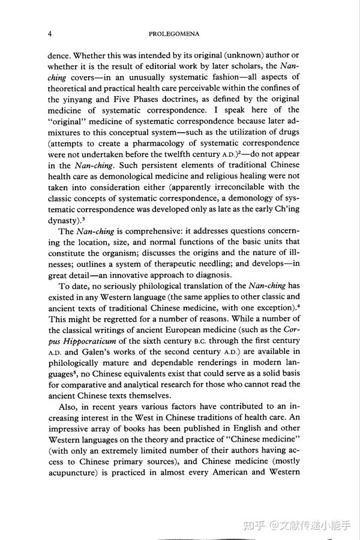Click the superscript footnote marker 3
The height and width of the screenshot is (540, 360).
point(83,218)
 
